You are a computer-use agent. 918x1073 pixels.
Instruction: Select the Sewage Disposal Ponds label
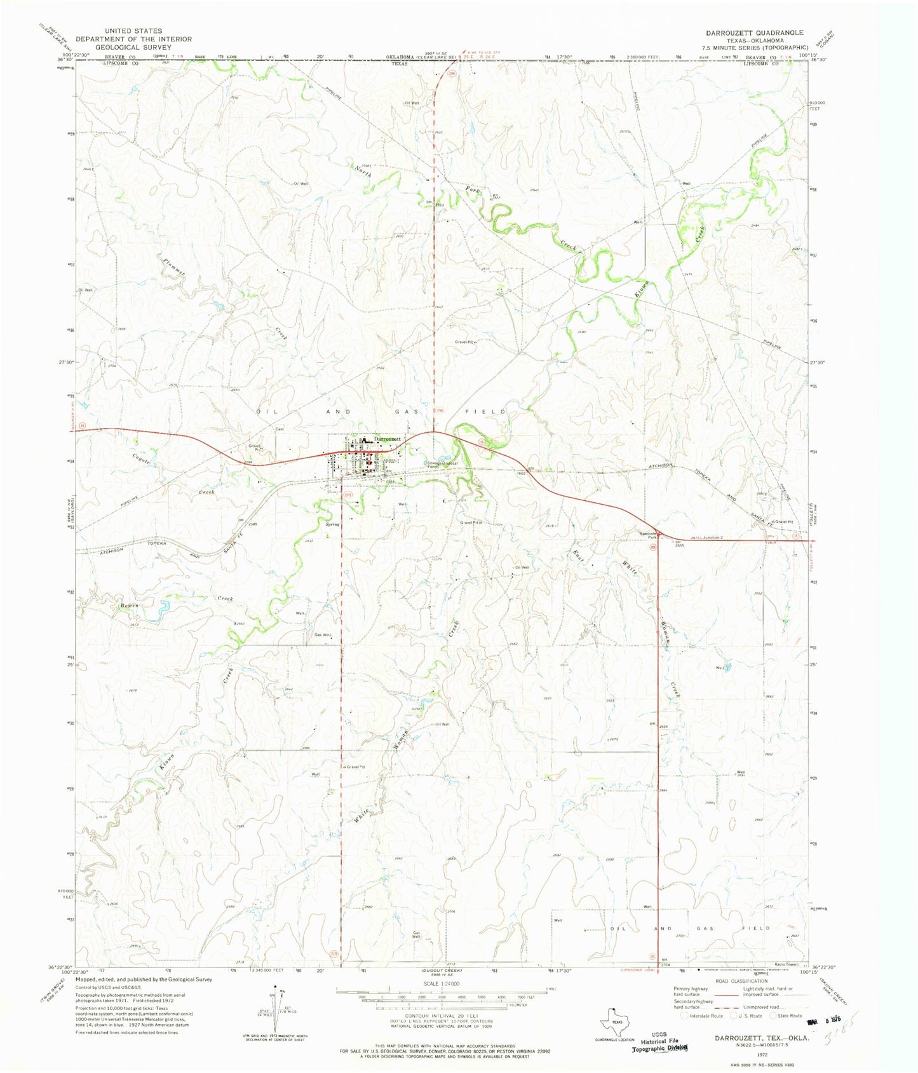pos(442,463)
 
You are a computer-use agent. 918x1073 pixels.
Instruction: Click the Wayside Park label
pos(647,535)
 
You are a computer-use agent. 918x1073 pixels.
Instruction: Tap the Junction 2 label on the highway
pos(711,538)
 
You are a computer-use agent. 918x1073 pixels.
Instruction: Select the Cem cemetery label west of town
pos(278,429)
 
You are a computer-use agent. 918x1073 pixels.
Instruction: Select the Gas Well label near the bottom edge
pos(416,935)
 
